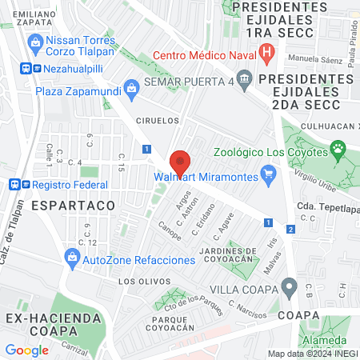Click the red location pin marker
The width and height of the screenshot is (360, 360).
pos(181,162)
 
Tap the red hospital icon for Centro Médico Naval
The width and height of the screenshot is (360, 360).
pos(267,55)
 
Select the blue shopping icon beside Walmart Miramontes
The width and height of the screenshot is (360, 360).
pos(269,175)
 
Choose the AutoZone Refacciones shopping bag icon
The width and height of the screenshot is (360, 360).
pos(73,258)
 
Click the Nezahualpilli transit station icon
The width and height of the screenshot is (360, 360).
pos(27,69)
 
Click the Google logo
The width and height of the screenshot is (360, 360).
pos(26,350)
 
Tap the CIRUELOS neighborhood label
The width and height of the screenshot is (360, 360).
pos(155,120)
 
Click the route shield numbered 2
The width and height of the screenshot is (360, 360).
pos(290,230)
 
